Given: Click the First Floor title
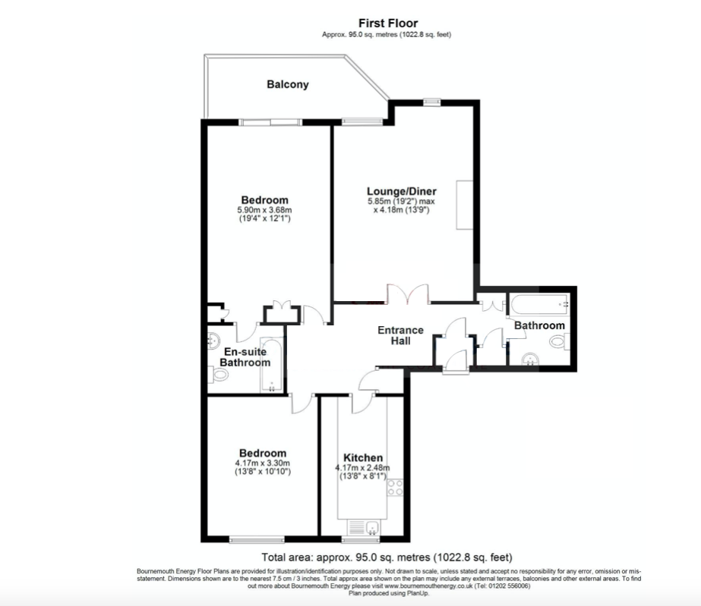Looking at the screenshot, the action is (x=388, y=24).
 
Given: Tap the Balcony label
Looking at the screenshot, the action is (x=288, y=84).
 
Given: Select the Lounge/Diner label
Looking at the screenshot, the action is (x=402, y=192).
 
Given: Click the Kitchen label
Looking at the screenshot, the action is (x=363, y=458).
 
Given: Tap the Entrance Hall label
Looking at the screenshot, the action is (x=400, y=335).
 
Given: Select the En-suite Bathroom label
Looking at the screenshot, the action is (x=245, y=356).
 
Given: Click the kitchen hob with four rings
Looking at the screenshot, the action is (x=395, y=487).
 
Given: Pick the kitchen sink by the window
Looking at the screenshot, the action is (x=364, y=527).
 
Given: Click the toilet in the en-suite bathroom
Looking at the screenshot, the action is (x=218, y=374).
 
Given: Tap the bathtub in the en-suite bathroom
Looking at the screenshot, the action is (x=272, y=365).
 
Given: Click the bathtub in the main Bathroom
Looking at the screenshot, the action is (x=539, y=305).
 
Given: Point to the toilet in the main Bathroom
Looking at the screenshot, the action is (x=559, y=341).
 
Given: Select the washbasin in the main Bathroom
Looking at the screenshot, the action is (x=531, y=359).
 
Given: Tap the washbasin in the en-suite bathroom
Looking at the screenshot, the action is (x=213, y=341).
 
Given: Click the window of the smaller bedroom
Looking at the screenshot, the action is (x=257, y=539).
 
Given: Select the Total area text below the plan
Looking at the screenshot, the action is (x=387, y=557).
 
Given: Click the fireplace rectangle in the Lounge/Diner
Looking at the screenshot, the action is (x=465, y=205).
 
